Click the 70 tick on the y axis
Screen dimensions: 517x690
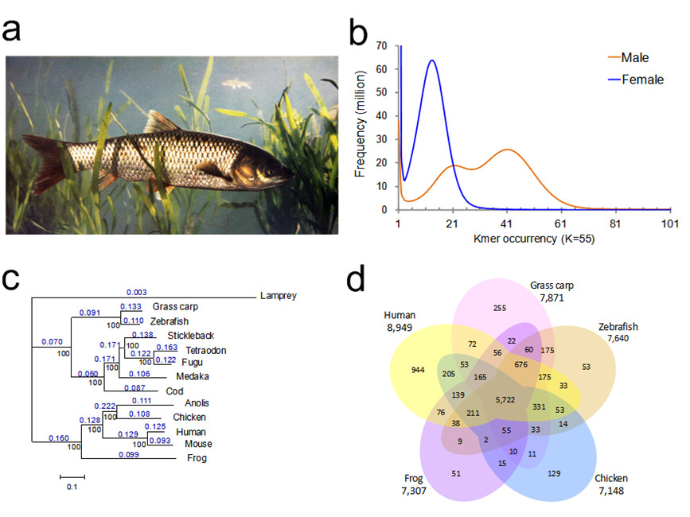(382, 46)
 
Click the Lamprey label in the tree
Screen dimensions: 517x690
(279, 297)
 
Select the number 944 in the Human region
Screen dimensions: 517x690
(419, 370)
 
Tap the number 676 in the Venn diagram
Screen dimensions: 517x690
(521, 365)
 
